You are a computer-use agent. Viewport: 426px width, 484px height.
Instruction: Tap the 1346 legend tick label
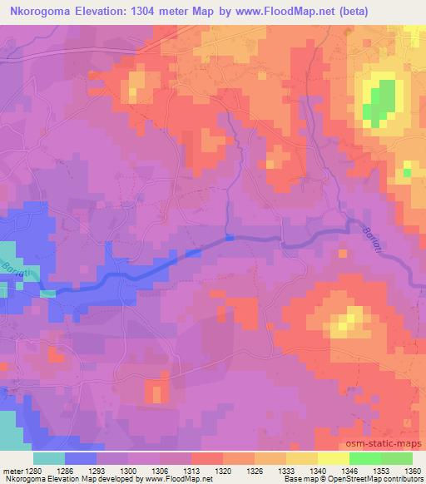[349, 471]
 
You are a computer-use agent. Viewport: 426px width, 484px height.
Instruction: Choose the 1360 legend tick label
[412, 471]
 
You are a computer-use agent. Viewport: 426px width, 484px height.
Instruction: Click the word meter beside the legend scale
[11, 471]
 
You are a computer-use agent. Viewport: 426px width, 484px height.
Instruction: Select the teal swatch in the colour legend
[49, 458]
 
